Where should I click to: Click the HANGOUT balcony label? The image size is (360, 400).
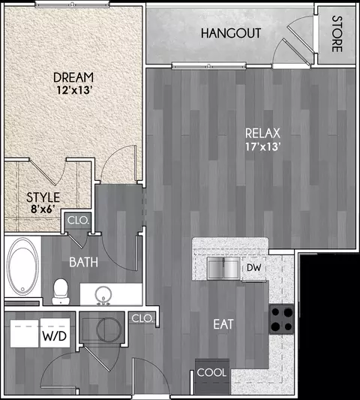point(231,34)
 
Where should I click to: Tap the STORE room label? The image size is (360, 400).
point(337,35)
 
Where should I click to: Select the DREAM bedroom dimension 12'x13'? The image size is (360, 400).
point(73,90)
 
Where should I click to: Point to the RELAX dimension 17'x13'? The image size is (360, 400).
point(263,146)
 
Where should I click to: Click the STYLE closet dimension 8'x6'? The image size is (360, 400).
point(43,209)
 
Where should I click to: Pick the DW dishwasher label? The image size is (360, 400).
point(254,268)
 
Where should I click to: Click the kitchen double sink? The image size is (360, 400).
point(223,268)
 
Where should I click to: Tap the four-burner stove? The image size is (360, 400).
point(281,319)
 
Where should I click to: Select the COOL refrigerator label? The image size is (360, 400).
point(211,373)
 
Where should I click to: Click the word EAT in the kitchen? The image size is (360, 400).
point(223,324)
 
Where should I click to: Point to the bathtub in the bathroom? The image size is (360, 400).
point(22,266)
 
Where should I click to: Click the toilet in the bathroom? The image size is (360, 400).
point(61,292)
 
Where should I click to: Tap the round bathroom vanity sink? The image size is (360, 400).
point(103,295)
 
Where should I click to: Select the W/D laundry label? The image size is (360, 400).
point(54,336)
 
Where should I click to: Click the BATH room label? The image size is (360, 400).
point(84,262)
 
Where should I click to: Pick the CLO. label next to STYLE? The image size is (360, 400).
point(78,220)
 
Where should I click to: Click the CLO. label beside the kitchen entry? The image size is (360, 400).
point(142,318)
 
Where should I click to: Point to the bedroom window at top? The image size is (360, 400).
point(72,4)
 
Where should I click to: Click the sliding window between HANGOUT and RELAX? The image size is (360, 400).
point(209,66)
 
